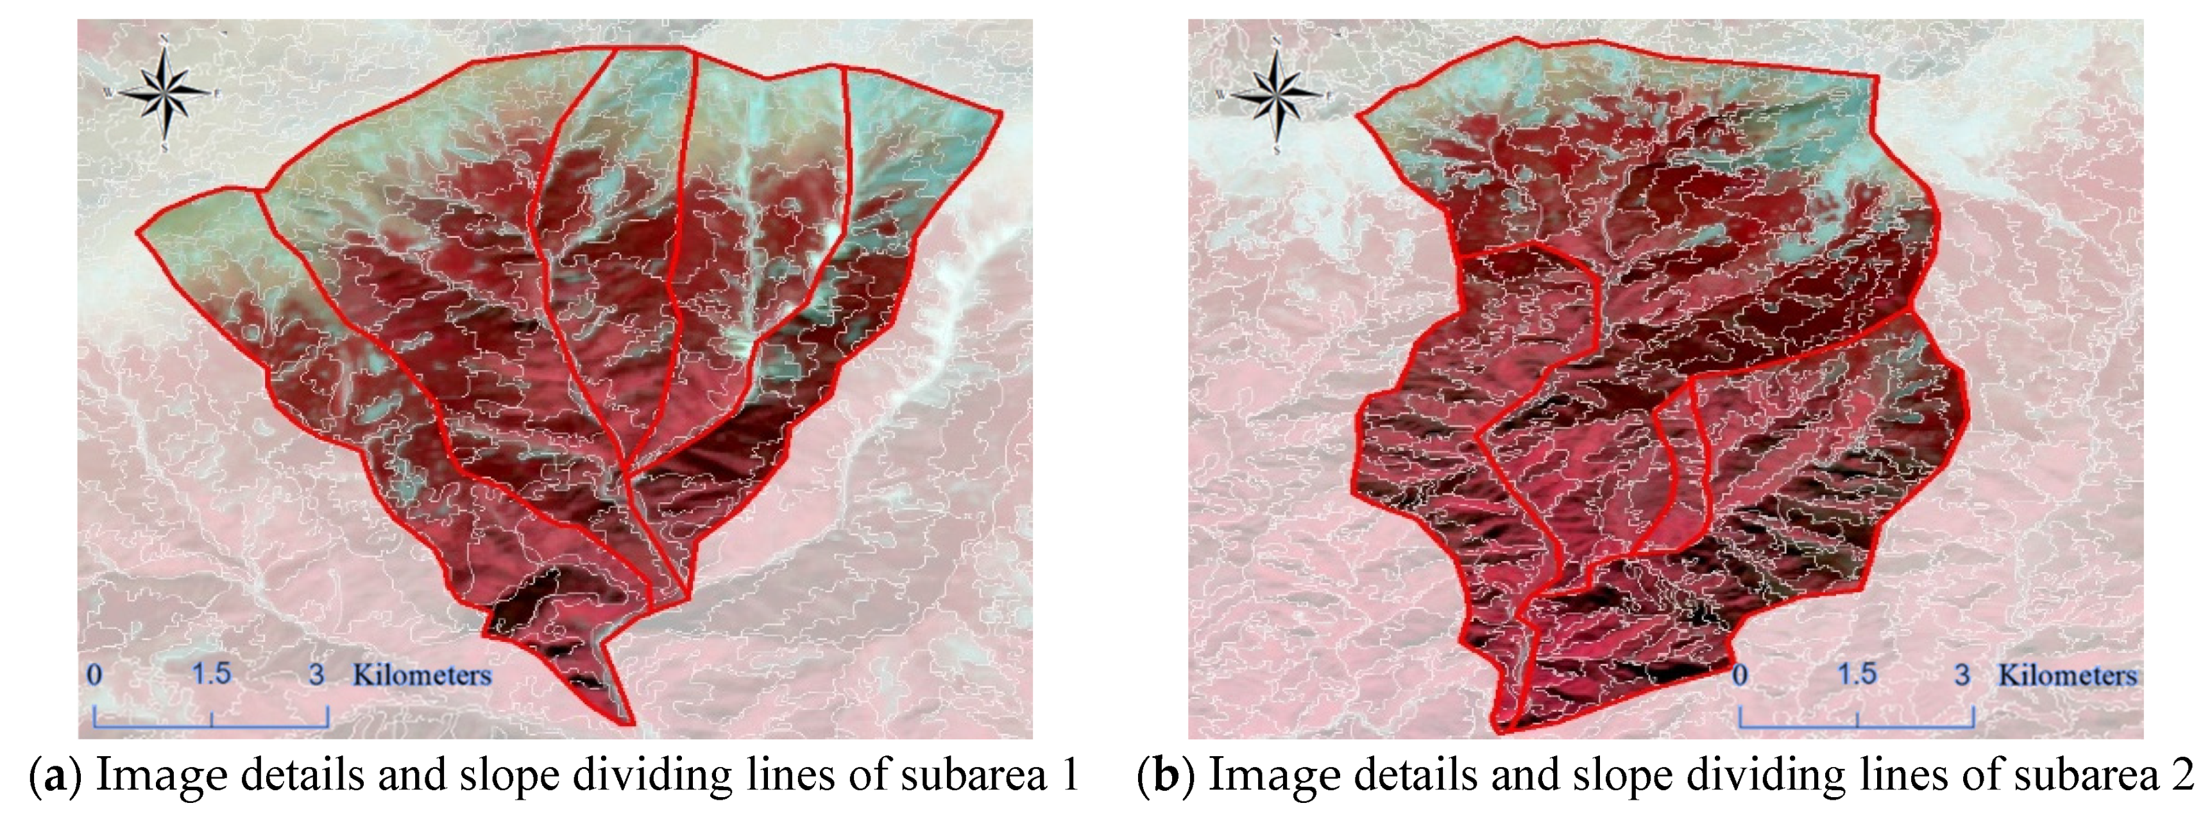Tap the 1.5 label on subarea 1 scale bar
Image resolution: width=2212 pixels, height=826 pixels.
[x=211, y=674]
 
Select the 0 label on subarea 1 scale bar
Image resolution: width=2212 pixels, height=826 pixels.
[x=94, y=675]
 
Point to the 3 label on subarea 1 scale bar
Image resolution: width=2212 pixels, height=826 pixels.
[x=317, y=675]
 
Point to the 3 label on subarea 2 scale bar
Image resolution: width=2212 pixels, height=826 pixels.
[x=1962, y=675]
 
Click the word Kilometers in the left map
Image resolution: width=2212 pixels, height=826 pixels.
[x=421, y=675]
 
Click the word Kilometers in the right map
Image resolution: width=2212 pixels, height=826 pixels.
[x=2068, y=675]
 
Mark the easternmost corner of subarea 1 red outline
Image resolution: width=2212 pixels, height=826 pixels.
[x=1001, y=112]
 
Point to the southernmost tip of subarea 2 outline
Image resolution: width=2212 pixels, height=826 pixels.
[x=1502, y=733]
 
